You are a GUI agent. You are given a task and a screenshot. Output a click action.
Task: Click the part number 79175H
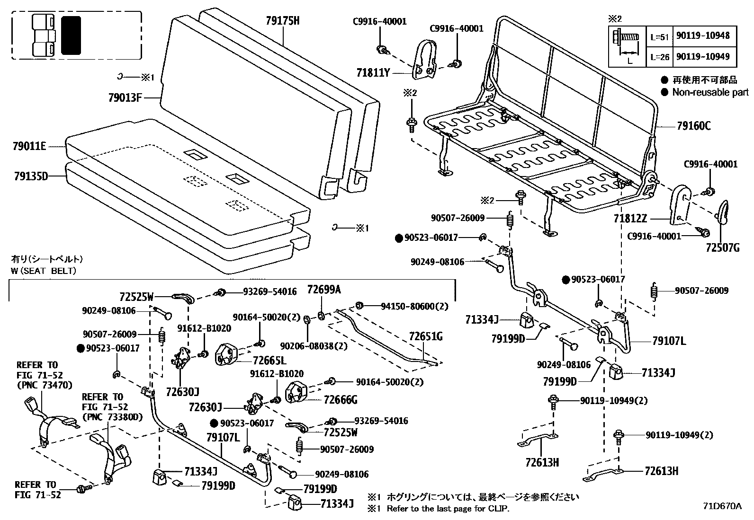(x=283, y=20)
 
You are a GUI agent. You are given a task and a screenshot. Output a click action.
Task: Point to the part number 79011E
(x=30, y=147)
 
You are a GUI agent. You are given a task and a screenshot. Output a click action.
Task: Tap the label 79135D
(x=31, y=176)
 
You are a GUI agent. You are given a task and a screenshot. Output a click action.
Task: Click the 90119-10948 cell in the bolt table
(x=703, y=35)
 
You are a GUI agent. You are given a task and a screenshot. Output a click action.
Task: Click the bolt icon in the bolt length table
(x=626, y=37)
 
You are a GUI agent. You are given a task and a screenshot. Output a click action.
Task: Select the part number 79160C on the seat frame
(x=693, y=126)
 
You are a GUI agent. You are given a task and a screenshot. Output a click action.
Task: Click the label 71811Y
(x=373, y=73)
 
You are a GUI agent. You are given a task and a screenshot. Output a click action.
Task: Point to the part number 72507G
(x=722, y=247)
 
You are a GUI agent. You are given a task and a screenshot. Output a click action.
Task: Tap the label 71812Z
(x=630, y=219)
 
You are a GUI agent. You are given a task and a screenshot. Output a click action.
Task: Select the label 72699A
(x=324, y=290)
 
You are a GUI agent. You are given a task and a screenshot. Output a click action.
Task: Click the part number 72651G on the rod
(x=426, y=336)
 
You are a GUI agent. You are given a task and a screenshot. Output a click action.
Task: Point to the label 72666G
(x=341, y=400)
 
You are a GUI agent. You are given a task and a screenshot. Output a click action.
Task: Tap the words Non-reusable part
(x=710, y=93)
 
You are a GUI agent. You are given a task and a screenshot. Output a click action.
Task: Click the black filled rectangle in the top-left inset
(x=71, y=35)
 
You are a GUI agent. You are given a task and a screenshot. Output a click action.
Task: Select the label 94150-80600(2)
(x=414, y=306)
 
